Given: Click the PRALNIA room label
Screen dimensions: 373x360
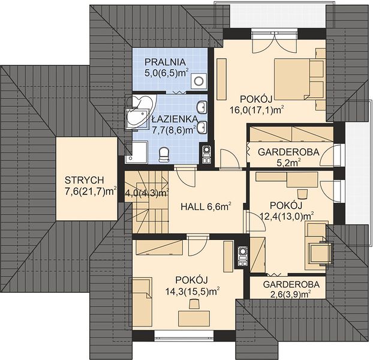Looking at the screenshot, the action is (165, 62).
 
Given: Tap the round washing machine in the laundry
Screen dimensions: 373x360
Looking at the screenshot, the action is (198, 81).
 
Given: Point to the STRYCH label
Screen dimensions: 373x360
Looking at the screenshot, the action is (84, 181).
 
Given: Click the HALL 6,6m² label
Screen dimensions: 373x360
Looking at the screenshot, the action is (206, 206).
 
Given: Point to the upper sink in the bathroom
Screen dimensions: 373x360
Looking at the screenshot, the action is (201, 107).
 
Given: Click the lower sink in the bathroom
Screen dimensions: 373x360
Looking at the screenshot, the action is (201, 128).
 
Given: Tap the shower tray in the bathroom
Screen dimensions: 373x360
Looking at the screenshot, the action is (137, 152).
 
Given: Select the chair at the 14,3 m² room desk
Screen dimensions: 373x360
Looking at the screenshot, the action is (194, 304).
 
